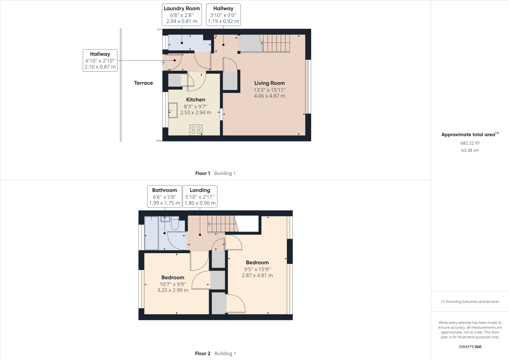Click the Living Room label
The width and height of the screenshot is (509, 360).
click(269, 83)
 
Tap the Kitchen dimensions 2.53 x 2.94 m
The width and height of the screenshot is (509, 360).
click(195, 112)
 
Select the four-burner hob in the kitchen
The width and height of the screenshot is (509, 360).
click(196, 130)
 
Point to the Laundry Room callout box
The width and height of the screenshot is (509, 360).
click(182, 15)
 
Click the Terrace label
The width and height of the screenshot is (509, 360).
click(143, 83)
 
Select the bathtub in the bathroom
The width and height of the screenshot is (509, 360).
click(151, 233)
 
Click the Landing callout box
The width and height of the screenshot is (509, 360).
click(200, 196)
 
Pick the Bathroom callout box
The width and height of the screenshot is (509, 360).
click(165, 196)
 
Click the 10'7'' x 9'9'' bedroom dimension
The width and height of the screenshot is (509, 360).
click(173, 284)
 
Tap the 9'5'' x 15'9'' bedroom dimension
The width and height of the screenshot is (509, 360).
click(257, 269)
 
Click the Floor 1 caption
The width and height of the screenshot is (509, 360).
click(203, 173)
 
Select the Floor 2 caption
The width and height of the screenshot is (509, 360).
click(203, 353)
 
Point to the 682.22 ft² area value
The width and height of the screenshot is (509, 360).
click(470, 143)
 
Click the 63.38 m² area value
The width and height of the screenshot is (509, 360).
click(470, 150)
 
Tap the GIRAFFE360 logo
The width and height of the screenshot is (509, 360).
click(470, 347)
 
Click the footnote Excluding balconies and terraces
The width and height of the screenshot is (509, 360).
click(470, 302)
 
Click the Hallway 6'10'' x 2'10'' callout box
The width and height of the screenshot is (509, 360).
click(100, 60)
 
